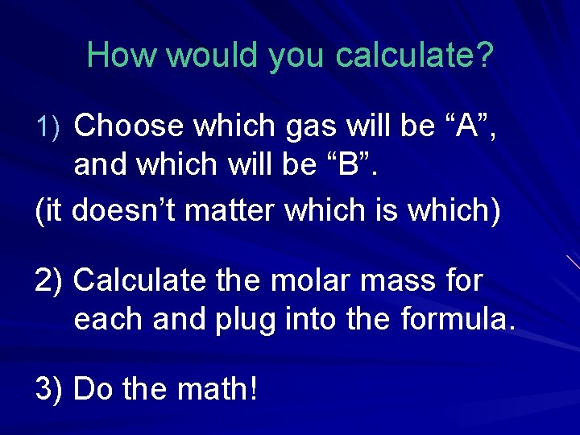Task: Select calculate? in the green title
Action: point(415,55)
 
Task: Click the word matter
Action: point(234,211)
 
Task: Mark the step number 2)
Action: point(50,281)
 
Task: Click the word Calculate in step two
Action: point(139,281)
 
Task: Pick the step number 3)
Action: point(50,389)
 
